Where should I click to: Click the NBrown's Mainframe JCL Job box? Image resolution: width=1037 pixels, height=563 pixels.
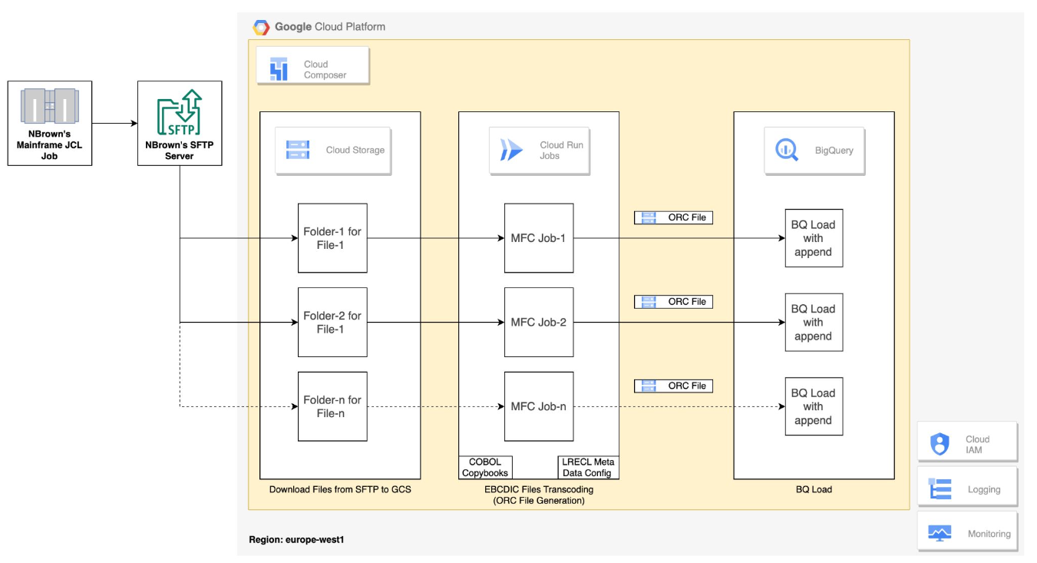[x=50, y=123]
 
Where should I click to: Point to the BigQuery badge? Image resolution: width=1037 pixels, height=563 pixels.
[x=814, y=151]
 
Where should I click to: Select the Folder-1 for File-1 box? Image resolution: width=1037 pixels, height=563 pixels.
[x=332, y=238]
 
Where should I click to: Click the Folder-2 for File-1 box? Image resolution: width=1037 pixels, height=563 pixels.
[x=332, y=322]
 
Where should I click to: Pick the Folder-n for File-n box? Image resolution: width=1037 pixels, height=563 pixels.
[x=332, y=406]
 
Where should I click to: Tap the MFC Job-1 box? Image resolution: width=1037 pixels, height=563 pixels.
[x=538, y=238]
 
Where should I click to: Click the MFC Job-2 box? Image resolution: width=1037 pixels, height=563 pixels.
[x=538, y=322]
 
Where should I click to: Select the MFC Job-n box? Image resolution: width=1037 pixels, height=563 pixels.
[x=538, y=406]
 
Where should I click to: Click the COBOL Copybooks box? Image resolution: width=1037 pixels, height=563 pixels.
[x=485, y=467]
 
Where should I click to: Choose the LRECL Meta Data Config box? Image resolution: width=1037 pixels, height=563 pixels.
[x=587, y=467]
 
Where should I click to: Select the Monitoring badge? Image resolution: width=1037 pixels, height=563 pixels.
[x=967, y=533]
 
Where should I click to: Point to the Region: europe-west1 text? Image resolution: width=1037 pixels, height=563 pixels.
[x=296, y=540]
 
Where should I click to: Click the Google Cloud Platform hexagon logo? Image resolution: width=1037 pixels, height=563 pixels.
[x=262, y=27]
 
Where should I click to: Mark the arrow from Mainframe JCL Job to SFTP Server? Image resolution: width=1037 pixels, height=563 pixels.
[x=114, y=123]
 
